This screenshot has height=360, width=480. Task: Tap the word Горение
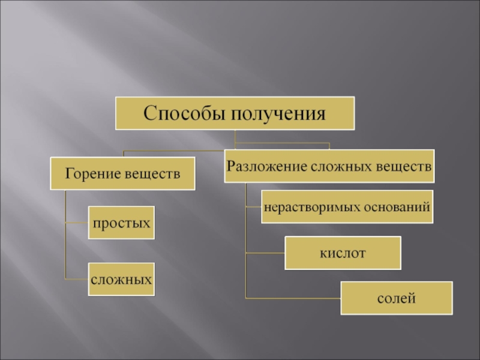93,174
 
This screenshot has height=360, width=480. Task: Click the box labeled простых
121,223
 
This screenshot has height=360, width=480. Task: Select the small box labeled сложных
121,279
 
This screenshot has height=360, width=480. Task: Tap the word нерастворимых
311,207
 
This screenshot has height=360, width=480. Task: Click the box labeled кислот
342,253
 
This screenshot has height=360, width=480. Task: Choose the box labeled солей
397,298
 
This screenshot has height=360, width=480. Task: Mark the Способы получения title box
235,113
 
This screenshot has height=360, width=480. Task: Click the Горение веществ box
122,174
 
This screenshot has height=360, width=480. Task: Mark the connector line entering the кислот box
265,253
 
